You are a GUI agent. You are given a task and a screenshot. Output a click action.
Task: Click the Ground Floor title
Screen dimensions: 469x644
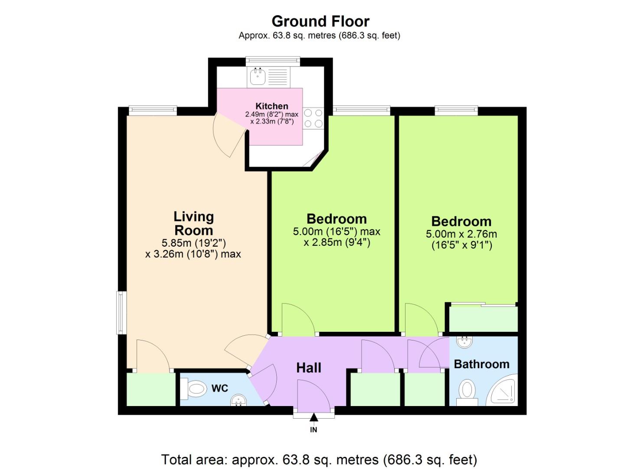320,21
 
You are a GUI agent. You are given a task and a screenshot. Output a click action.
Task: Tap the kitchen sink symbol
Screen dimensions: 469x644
258,77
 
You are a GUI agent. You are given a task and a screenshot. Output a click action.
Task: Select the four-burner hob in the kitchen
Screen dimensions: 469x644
313,118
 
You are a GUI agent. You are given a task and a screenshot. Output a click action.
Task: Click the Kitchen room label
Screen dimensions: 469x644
271,106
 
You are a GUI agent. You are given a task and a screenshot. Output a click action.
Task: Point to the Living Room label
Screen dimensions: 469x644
193,223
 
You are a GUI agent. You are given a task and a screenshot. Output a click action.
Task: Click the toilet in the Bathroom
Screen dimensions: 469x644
467,391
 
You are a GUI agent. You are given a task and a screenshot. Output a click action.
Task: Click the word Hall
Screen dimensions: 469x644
308,368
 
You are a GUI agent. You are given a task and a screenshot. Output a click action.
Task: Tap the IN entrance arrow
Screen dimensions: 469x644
314,418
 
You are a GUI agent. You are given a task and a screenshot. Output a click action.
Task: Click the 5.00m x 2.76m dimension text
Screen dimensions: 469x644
461,234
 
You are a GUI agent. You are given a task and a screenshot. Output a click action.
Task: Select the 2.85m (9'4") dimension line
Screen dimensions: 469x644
337,242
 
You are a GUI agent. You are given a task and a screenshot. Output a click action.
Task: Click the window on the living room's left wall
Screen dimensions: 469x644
121,313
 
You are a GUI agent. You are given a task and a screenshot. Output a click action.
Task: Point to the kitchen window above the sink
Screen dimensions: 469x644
272,62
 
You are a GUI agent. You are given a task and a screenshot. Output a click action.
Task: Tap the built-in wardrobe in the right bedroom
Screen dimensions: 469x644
483,319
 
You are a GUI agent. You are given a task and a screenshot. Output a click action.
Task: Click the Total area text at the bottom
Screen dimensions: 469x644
319,459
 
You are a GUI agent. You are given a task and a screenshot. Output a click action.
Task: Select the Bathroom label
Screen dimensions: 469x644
481,364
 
